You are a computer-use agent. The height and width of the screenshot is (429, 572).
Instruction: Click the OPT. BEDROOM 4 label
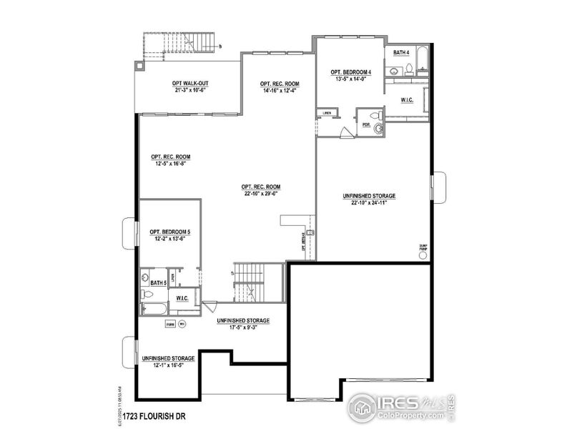tap(351, 72)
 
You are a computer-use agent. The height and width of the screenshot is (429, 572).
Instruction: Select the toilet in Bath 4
tap(409, 69)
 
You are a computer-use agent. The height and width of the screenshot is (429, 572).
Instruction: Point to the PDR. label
tap(366, 125)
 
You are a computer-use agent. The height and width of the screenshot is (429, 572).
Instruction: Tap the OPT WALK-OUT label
tap(189, 83)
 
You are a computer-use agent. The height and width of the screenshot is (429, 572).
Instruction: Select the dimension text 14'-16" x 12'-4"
tap(279, 92)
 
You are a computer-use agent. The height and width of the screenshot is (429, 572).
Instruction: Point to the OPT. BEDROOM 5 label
tap(169, 232)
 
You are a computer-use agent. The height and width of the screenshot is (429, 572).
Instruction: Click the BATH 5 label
tap(157, 284)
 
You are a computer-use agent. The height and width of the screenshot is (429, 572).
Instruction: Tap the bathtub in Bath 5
tap(154, 309)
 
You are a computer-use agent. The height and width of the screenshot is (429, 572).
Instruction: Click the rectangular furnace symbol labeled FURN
tap(170, 324)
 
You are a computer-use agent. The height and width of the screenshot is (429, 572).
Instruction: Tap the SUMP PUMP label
tap(423, 248)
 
